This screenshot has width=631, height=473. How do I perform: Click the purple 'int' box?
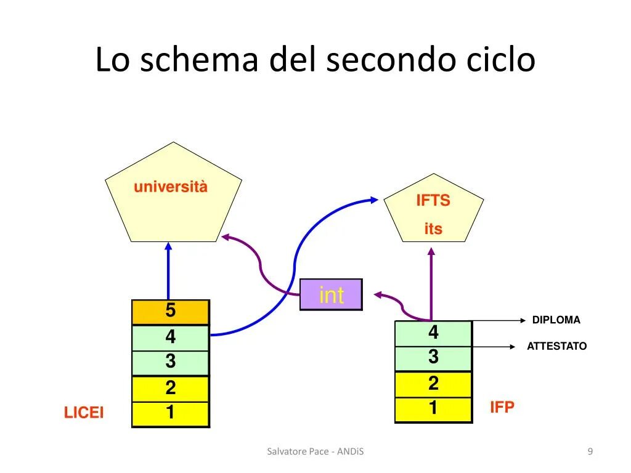[x=331, y=294]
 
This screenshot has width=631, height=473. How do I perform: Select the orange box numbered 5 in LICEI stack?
[x=171, y=312]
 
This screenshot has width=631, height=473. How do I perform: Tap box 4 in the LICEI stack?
[x=171, y=338]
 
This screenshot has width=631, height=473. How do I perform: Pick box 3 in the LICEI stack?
[x=171, y=363]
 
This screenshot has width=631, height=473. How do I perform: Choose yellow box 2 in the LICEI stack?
[x=171, y=388]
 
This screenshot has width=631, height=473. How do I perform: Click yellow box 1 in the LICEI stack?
[x=171, y=413]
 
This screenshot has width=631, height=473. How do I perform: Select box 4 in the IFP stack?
[x=433, y=333]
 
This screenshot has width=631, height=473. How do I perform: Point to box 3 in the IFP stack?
[x=433, y=358]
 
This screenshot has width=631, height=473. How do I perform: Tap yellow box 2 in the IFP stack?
[x=433, y=384]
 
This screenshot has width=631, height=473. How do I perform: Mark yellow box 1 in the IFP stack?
[x=433, y=409]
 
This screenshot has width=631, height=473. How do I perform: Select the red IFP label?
[x=502, y=407]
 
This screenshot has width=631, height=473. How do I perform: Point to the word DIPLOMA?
[x=556, y=320]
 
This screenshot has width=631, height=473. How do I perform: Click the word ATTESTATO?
[x=556, y=346]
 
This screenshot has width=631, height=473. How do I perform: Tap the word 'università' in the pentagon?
[x=171, y=187]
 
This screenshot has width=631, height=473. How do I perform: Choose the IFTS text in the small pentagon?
[x=433, y=201]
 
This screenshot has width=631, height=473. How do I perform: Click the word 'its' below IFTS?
[x=433, y=229]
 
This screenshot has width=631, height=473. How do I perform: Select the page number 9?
[x=590, y=452]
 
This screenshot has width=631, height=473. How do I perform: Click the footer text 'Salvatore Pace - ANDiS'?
[x=315, y=452]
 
